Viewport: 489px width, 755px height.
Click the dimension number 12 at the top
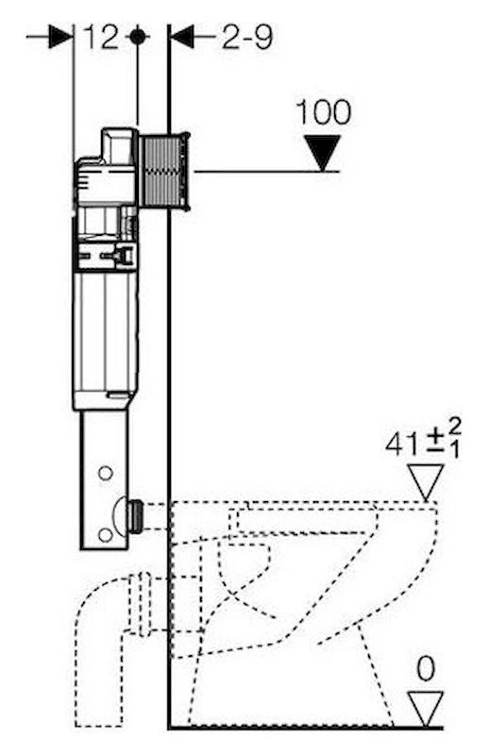[101, 37]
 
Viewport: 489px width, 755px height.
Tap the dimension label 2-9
[247, 37]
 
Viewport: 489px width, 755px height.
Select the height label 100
[323, 112]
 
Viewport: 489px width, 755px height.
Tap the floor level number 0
[426, 669]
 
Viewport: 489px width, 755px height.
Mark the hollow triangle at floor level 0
[426, 709]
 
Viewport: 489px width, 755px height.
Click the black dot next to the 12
[137, 37]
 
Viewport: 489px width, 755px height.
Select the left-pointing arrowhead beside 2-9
[182, 37]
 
